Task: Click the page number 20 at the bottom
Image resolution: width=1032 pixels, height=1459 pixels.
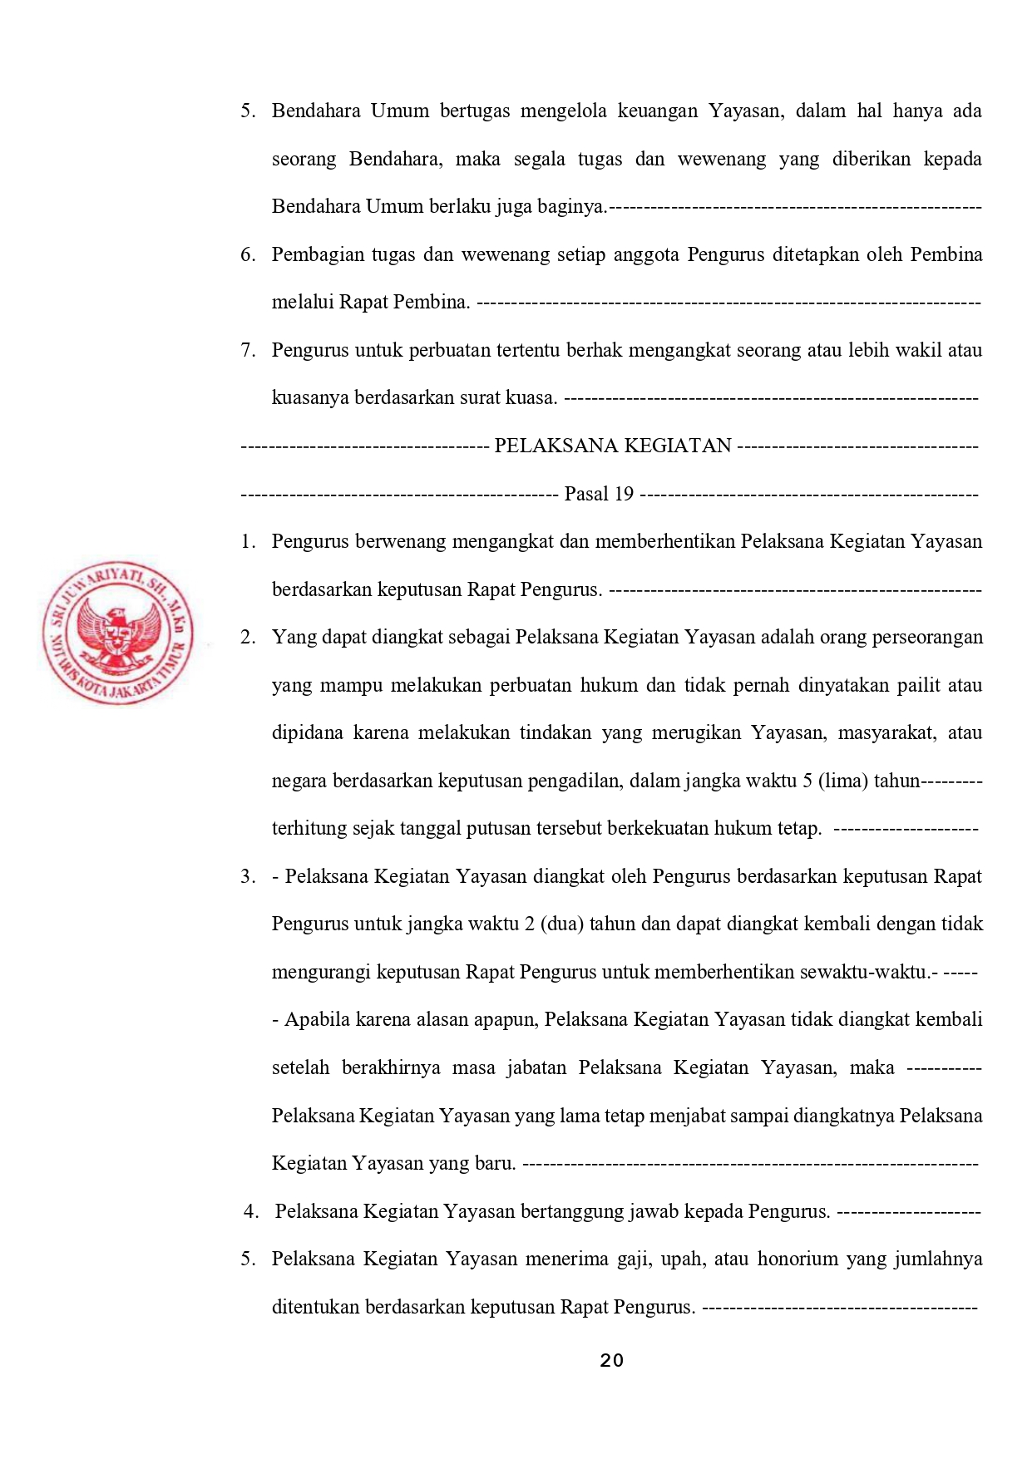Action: pos(611,1361)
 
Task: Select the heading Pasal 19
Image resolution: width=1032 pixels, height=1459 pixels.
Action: pos(599,495)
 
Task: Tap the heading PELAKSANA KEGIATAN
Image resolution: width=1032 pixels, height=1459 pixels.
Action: pos(613,446)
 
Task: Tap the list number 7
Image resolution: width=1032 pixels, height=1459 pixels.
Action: pos(248,350)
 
